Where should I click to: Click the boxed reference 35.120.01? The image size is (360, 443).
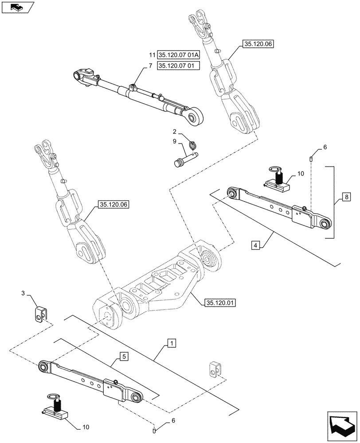click(x=220, y=303)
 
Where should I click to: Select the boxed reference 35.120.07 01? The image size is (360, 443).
click(x=178, y=66)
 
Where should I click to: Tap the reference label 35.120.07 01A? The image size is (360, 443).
click(x=179, y=55)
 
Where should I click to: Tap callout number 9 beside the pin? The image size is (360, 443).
click(x=174, y=141)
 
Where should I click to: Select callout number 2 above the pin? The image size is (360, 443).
click(x=174, y=132)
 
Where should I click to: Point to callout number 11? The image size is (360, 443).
click(x=152, y=55)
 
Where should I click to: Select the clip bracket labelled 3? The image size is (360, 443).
click(x=41, y=313)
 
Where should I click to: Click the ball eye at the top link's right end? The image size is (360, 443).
click(x=194, y=117)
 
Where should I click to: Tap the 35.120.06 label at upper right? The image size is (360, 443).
click(x=258, y=43)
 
